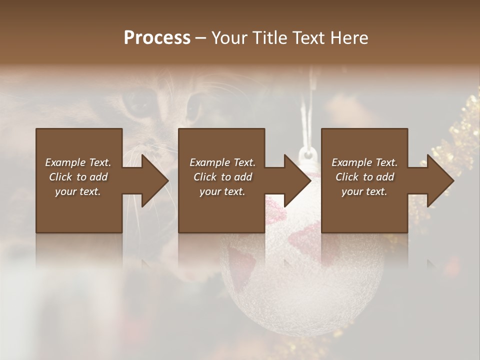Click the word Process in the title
click(157, 37)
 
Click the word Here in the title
click(349, 37)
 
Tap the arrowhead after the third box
click(440, 180)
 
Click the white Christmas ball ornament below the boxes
click(300, 280)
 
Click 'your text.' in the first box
click(78, 191)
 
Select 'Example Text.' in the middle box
click(222, 162)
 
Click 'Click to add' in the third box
click(365, 177)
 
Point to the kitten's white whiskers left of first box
click(20, 165)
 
